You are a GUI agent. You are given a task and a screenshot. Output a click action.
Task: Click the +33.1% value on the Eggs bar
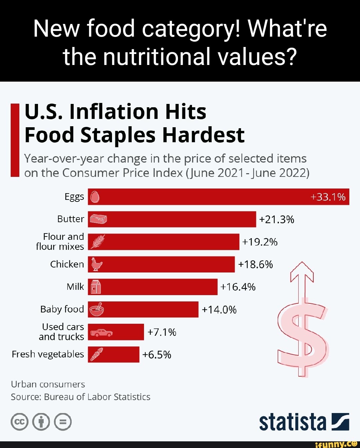pos(328,197)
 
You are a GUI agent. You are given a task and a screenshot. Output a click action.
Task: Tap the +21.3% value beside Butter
pos(276,220)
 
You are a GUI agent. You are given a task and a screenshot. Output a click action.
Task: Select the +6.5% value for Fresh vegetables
pos(157,355)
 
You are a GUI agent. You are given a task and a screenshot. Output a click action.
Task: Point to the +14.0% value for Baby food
pos(219,310)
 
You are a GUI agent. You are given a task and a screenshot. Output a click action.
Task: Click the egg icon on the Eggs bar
pos(95,197)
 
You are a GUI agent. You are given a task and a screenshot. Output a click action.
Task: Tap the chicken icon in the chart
pos(97,264)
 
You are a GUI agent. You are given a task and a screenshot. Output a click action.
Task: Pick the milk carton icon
pos(96,287)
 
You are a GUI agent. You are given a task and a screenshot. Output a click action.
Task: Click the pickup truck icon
pos(101,332)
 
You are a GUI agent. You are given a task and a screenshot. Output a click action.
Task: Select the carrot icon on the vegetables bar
pos(96,354)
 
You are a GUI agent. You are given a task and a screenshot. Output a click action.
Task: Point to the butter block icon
pos(98,219)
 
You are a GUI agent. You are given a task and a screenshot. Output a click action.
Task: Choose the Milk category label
pos(75,287)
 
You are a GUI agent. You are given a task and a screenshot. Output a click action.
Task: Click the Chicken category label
pos(67,264)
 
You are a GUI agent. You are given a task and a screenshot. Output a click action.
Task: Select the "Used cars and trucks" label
pos(62,332)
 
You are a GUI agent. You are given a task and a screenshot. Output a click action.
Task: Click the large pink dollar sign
pos(303,336)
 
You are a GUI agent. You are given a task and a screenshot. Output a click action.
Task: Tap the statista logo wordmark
pos(293,422)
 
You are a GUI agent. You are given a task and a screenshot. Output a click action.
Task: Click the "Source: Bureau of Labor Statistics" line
pos(80,397)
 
